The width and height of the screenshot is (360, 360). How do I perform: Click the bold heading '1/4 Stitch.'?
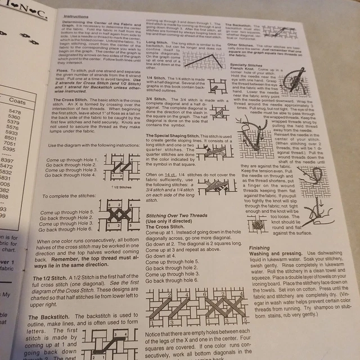(x=156, y=77)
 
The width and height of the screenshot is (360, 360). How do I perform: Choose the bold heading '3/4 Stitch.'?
(x=156, y=98)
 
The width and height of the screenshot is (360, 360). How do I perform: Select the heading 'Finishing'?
(x=259, y=247)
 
